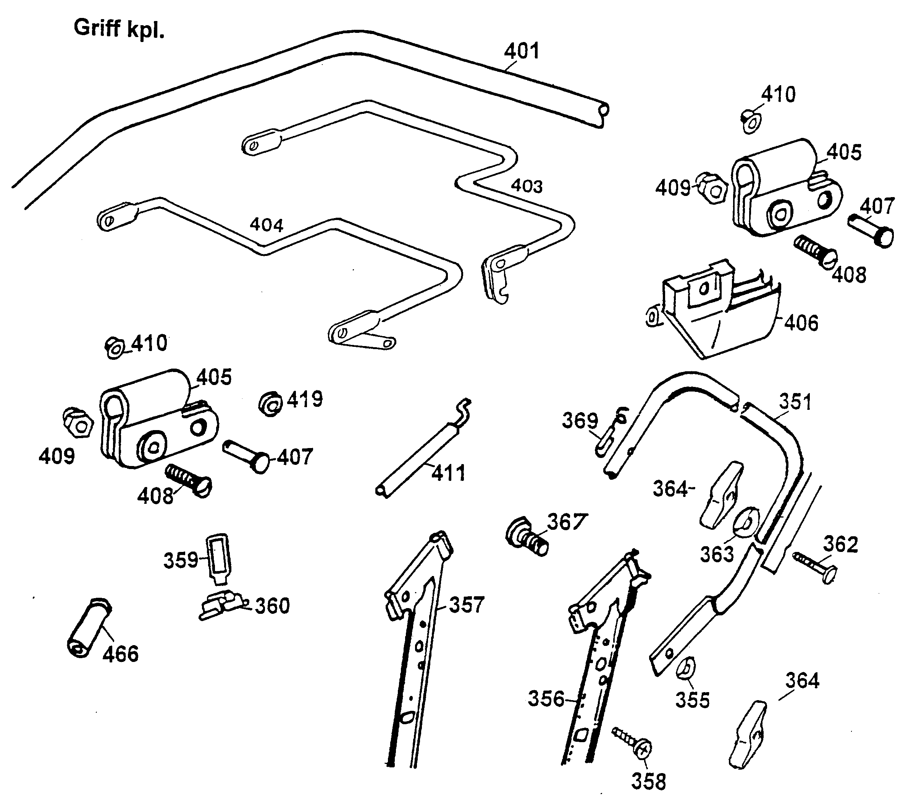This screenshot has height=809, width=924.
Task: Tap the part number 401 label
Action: click(522, 51)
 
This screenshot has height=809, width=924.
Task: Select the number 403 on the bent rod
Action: click(527, 186)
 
